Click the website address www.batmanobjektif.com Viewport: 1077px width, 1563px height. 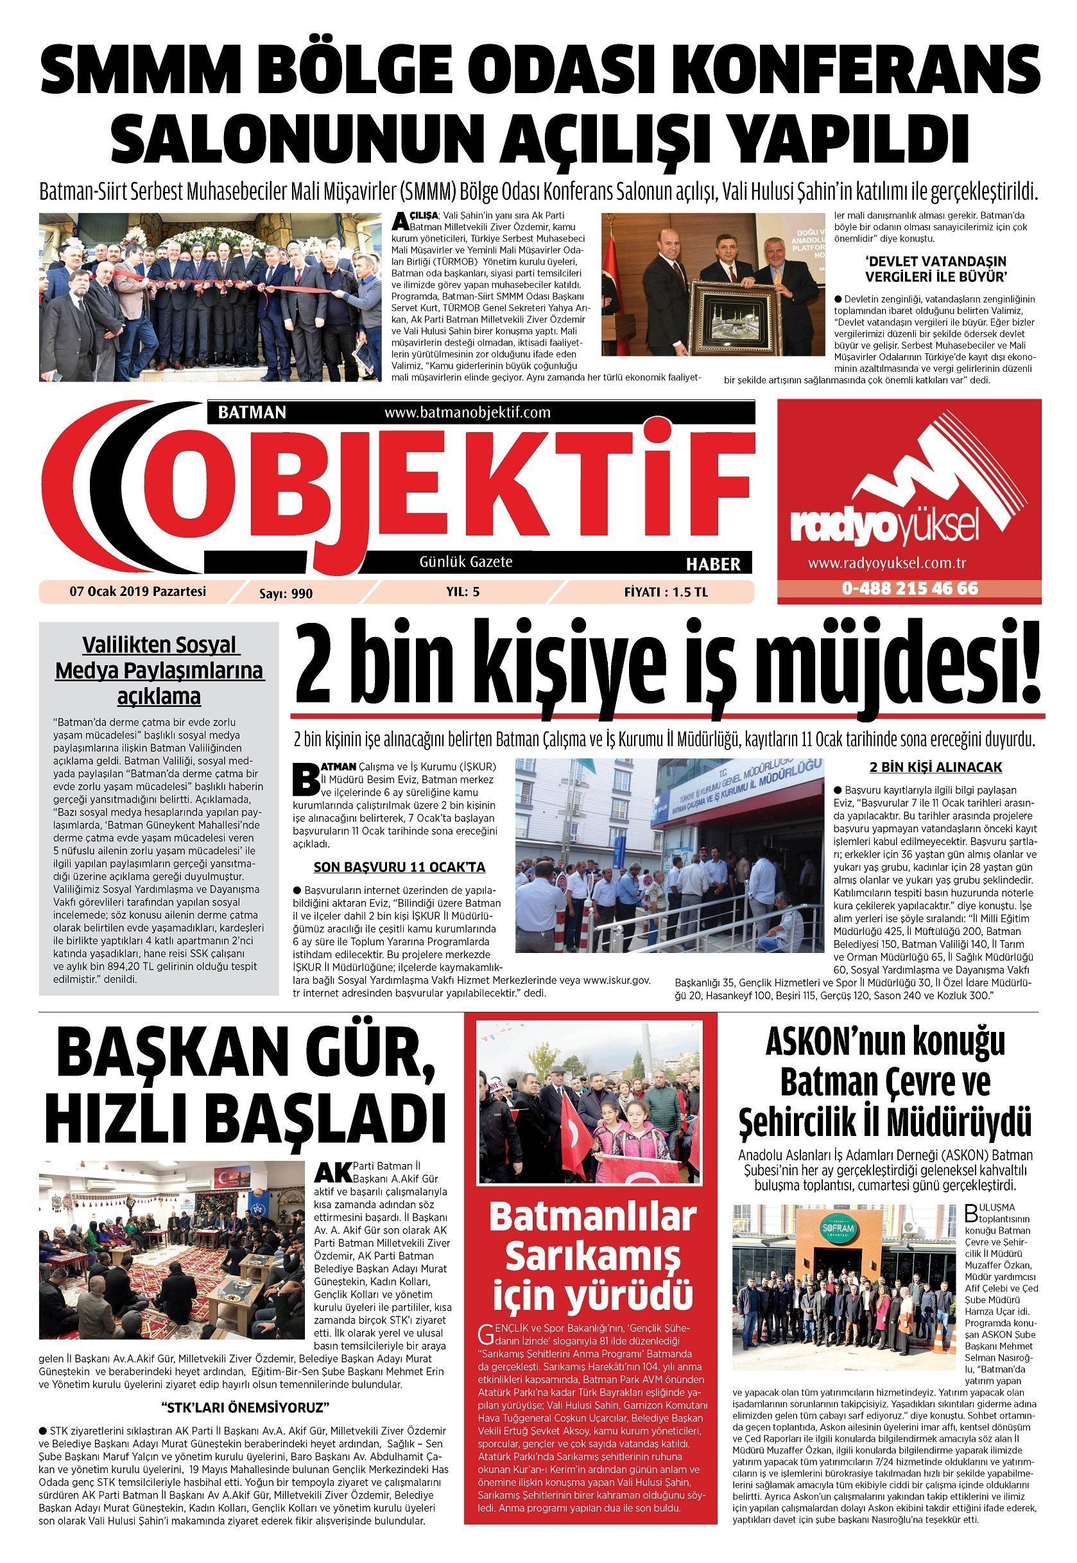pos(467,412)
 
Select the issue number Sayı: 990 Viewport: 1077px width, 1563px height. pos(286,593)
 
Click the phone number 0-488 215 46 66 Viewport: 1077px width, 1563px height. pos(909,588)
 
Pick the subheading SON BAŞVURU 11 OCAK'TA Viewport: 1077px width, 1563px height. pos(399,868)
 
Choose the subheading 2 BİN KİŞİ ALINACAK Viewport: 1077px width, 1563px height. pos(935,767)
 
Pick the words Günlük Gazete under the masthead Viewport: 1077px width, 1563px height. pos(465,562)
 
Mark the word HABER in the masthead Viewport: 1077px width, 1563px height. pos(712,564)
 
